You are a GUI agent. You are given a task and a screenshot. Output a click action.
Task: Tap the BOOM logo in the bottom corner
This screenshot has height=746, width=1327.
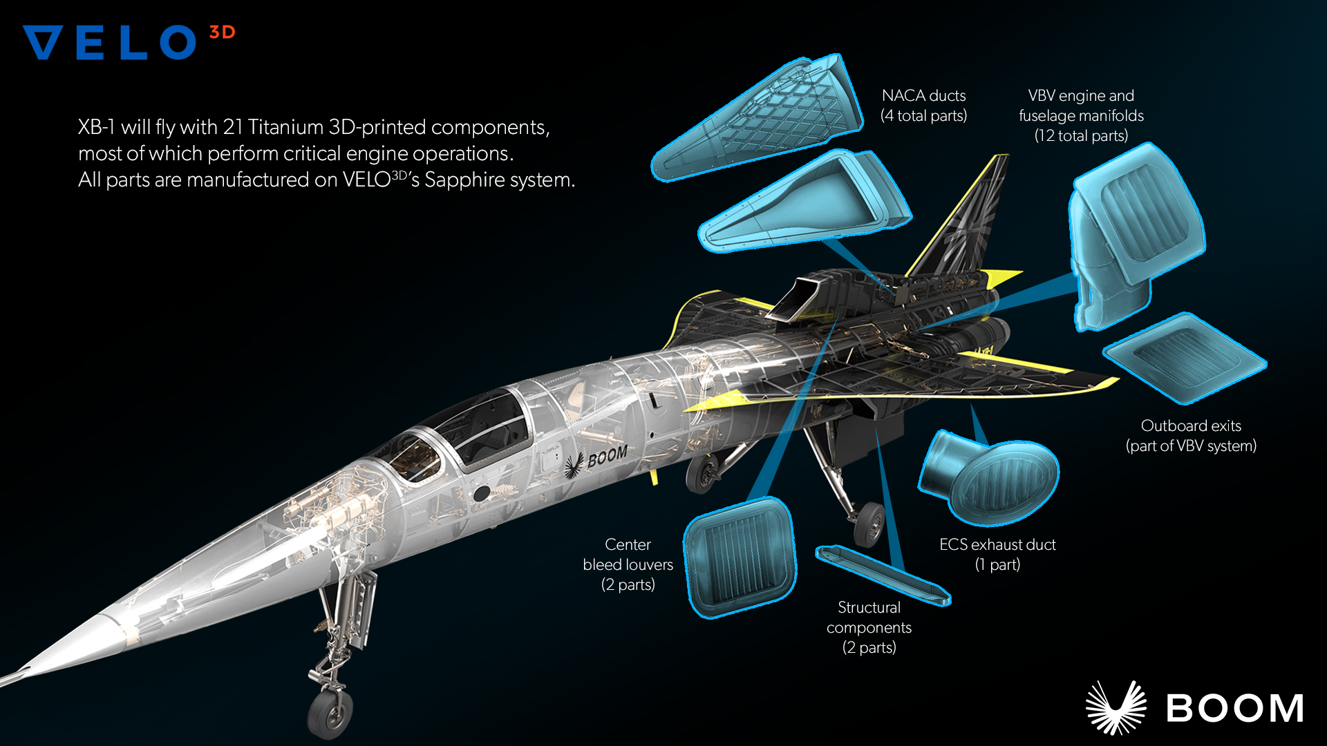click(x=1194, y=707)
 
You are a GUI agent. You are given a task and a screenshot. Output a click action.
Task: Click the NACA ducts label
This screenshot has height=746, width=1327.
click(x=924, y=106)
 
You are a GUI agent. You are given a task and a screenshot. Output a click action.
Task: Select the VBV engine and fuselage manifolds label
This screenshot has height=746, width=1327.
click(x=1081, y=115)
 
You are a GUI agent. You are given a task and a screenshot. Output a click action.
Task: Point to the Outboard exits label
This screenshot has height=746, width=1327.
click(x=1191, y=436)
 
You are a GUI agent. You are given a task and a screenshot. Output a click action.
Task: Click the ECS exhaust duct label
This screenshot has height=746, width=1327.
click(x=997, y=555)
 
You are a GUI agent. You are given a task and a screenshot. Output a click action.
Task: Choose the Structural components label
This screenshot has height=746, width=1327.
click(x=869, y=627)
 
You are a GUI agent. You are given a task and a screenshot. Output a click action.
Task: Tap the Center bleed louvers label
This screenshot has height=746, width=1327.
click(x=628, y=564)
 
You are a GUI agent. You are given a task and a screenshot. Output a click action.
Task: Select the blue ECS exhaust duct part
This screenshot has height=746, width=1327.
click(x=988, y=477)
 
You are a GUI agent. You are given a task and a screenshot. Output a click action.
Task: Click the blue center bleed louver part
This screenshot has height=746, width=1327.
click(x=740, y=557)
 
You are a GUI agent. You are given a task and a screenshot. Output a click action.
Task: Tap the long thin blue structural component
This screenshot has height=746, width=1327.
click(x=883, y=575)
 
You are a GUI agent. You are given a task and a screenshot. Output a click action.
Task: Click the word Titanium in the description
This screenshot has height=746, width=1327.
click(x=285, y=127)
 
